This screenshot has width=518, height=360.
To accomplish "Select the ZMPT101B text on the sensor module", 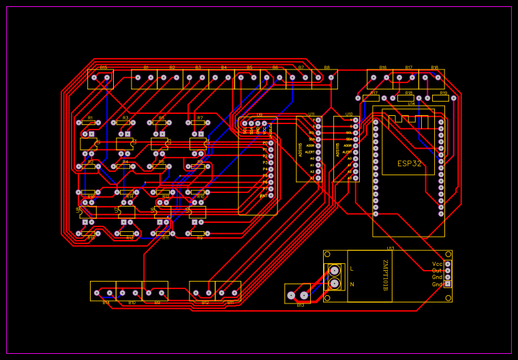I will (x=384, y=275).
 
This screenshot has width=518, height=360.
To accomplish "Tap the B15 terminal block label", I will (x=104, y=67).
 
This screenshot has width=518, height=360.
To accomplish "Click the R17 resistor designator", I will (x=374, y=93).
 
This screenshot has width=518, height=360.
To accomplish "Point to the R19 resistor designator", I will (x=443, y=93).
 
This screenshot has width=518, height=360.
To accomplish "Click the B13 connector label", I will (x=300, y=305).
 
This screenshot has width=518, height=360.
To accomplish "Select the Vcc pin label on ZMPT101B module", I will (x=437, y=264).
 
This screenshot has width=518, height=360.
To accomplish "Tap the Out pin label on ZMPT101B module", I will (x=437, y=271).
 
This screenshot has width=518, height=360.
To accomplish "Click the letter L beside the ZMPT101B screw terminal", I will (x=352, y=269).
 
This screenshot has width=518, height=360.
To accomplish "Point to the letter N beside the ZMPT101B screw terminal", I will (x=352, y=284).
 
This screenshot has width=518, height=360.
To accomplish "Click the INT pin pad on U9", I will (x=271, y=196).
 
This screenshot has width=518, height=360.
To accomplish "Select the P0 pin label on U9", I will (x=265, y=143).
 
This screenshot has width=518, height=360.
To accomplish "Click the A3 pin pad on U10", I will (x=356, y=178).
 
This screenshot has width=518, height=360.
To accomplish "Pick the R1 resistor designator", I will (x=90, y=118).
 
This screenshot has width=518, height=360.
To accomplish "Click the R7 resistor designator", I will (x=200, y=118).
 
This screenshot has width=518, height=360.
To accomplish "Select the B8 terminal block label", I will (x=326, y=67).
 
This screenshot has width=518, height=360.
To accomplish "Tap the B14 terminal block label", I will (x=106, y=302).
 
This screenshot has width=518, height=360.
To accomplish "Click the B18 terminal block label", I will (x=434, y=67).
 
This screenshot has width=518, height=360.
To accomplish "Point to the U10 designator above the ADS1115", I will (x=349, y=115).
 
